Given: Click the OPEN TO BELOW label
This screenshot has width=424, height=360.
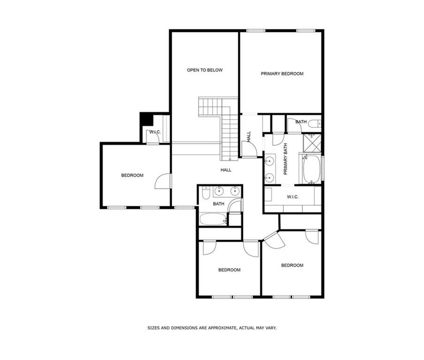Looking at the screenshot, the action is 204,70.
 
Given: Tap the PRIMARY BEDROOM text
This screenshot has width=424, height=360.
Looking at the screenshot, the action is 282,74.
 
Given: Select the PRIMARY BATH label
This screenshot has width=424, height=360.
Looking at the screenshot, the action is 286,159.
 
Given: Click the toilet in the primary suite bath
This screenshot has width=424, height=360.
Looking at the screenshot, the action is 315,124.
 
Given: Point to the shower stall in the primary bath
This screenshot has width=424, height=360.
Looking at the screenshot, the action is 312,142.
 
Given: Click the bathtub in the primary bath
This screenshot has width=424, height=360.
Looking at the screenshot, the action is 311,169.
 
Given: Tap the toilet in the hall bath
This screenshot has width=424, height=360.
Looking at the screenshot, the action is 206,192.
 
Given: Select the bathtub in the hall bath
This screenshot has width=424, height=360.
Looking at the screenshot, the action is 213,219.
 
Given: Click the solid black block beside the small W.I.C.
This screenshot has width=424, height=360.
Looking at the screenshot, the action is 146,119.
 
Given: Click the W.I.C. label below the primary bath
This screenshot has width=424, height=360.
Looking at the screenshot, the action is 293,197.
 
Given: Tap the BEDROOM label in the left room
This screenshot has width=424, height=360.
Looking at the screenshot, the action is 132,175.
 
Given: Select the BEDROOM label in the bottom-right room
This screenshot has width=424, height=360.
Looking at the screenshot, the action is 292,265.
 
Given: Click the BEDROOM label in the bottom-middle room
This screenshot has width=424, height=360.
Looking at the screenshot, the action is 229,270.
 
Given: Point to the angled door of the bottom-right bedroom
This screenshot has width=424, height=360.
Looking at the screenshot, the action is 274,240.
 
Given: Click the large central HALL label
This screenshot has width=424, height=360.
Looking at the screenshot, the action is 226,170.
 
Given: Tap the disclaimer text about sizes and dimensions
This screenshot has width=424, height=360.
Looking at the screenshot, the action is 212,328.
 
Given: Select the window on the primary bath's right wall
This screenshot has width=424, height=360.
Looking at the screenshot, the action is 323,169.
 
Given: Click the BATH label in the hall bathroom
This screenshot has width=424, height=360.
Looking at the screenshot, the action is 219,204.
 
